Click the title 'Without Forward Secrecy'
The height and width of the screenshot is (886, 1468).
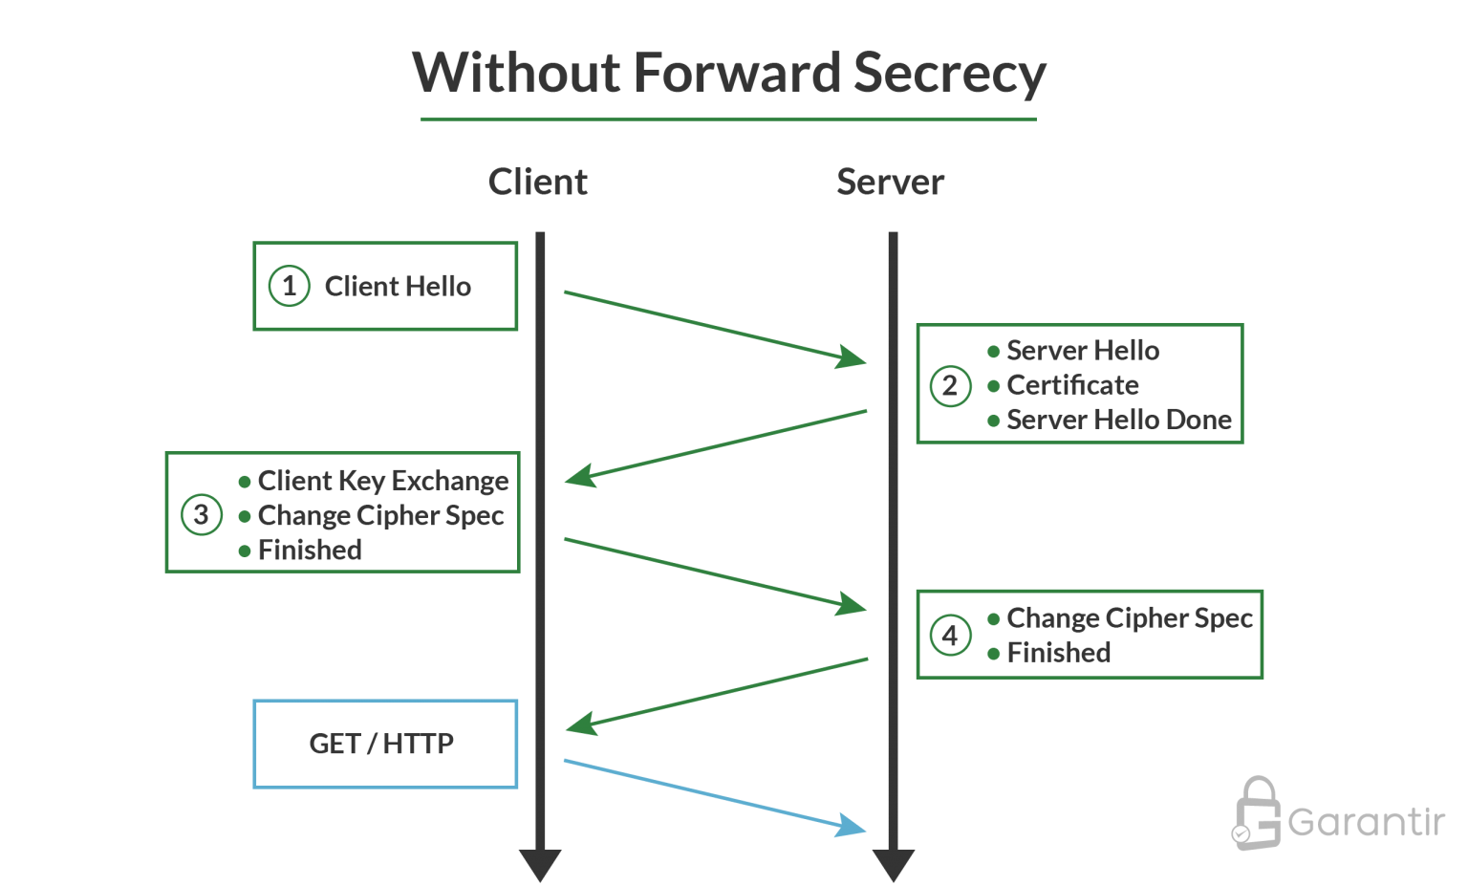[x=729, y=74]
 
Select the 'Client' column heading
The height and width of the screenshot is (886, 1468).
[x=538, y=182]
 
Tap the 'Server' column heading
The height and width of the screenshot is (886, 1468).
[x=890, y=182]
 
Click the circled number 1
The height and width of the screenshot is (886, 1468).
[x=289, y=286]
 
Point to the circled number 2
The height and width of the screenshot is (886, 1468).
[x=950, y=386]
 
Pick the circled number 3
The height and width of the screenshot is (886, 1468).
[x=202, y=514]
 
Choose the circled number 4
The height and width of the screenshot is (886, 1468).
[x=950, y=636]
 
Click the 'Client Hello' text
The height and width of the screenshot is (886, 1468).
[x=398, y=286]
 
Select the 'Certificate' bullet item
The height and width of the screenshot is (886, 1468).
[x=1072, y=385]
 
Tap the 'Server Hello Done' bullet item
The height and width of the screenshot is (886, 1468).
[x=1118, y=420]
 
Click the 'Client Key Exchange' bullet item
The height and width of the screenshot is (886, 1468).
[x=382, y=480]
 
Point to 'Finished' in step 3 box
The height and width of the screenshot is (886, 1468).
[x=310, y=550]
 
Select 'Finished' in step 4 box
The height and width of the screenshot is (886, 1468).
[x=1058, y=653]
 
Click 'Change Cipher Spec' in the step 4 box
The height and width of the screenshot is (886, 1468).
[x=1129, y=618]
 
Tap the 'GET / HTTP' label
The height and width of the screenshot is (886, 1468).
[x=381, y=744]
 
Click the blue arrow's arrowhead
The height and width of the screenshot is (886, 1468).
[x=851, y=826]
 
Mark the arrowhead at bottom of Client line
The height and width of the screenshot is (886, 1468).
[x=540, y=865]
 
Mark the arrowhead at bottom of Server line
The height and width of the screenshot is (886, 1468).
[x=894, y=865]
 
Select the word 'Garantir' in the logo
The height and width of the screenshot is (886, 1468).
[x=1366, y=822]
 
